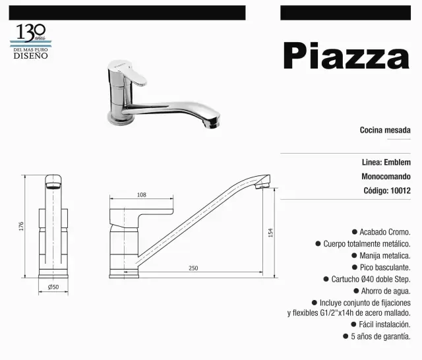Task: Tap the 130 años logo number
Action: coord(29,32)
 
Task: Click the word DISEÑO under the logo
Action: coord(31,56)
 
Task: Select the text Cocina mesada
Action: coord(385,131)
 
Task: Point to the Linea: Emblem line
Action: coord(386,162)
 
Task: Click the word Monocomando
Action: coord(386,177)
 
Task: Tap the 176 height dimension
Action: coord(22,226)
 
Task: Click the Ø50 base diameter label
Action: coord(53,287)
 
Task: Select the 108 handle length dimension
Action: coord(141,195)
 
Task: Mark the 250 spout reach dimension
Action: coord(193,268)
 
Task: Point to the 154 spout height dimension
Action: coord(270,232)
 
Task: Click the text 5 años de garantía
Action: coord(380,336)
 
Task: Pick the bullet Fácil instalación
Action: coord(384,324)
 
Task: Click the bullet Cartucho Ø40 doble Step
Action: coord(371,280)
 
